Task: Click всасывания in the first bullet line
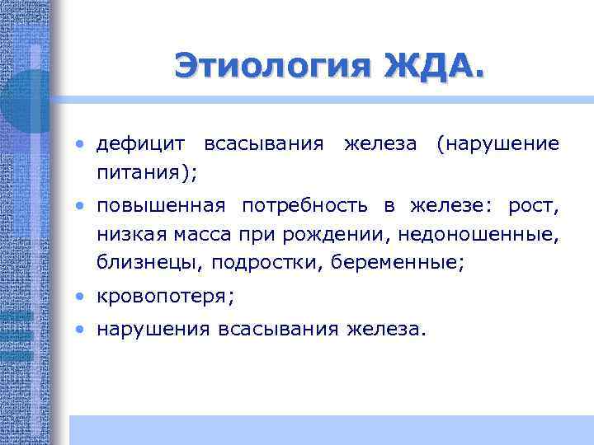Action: pyautogui.click(x=263, y=145)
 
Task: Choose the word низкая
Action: pyautogui.click(x=132, y=234)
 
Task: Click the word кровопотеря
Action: pyautogui.click(x=161, y=296)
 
